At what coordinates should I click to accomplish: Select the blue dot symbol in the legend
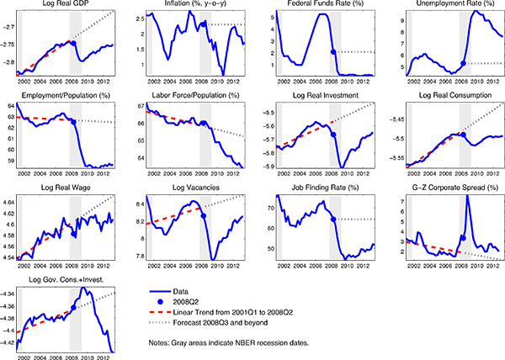(164, 299)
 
